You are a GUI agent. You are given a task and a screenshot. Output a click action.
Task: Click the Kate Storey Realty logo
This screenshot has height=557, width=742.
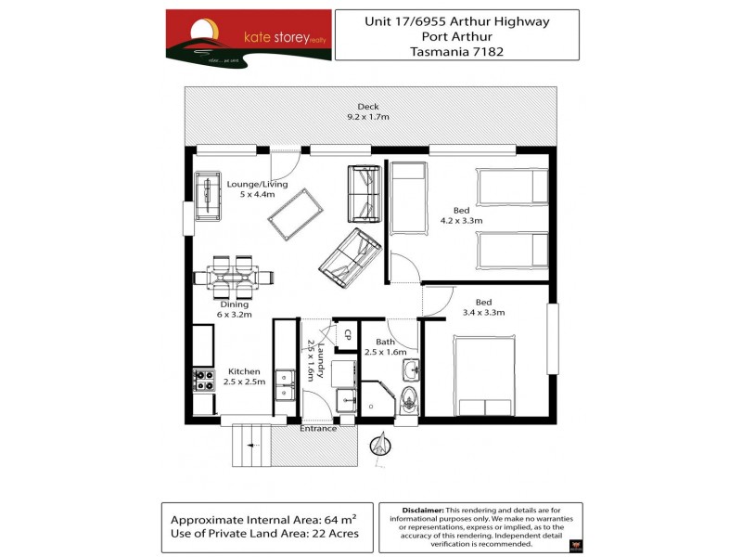tap(248, 38)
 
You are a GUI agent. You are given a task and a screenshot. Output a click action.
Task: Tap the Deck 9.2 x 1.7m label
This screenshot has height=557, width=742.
tap(367, 112)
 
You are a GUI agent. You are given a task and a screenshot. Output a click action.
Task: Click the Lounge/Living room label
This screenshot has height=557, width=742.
tap(257, 189)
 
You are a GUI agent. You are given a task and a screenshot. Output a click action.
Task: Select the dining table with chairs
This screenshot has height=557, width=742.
tap(235, 275)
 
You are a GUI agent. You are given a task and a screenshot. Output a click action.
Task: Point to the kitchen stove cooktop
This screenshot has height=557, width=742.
tap(204, 380)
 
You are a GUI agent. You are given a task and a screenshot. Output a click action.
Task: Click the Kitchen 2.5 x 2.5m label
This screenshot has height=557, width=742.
tap(246, 377)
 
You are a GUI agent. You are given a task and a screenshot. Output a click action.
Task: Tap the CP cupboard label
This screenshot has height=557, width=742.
tap(348, 334)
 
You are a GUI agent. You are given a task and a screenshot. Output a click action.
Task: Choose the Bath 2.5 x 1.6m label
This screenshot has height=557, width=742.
tap(385, 347)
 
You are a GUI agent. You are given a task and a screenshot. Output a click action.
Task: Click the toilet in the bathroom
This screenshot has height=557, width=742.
tap(407, 400)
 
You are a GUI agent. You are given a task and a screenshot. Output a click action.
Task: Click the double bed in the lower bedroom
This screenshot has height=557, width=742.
tap(484, 375)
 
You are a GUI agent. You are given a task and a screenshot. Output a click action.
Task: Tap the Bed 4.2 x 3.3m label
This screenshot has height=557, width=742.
tap(461, 215)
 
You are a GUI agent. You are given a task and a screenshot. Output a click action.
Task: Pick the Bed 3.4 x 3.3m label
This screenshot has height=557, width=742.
tap(483, 307)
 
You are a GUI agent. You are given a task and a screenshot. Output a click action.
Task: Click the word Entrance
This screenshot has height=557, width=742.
tap(317, 429)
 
